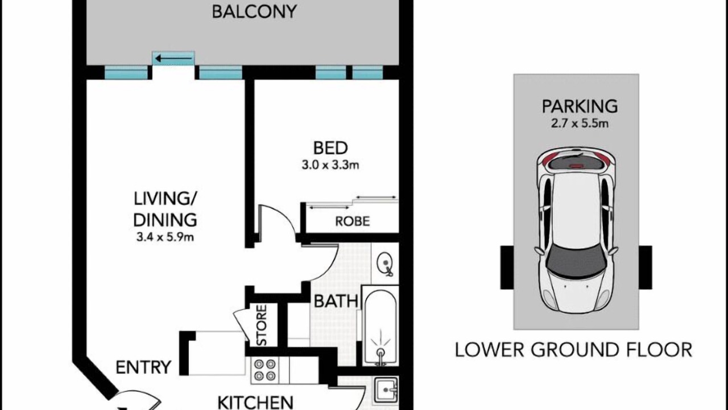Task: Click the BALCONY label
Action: click(254, 12)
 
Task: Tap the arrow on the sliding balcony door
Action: click(173, 59)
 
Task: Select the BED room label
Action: click(330, 148)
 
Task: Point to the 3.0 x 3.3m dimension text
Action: click(330, 165)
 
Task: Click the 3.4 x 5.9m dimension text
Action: click(165, 237)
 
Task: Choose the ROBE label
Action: click(352, 222)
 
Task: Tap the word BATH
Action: click(336, 301)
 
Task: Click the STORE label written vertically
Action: click(262, 325)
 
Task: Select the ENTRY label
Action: click(143, 367)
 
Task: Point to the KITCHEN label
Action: click(255, 403)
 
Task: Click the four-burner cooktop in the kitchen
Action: click(264, 370)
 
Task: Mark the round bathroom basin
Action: click(385, 263)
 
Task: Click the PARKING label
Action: click(580, 106)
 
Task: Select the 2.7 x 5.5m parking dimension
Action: click(580, 124)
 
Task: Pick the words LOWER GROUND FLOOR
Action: click(573, 350)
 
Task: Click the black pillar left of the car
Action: click(507, 268)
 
